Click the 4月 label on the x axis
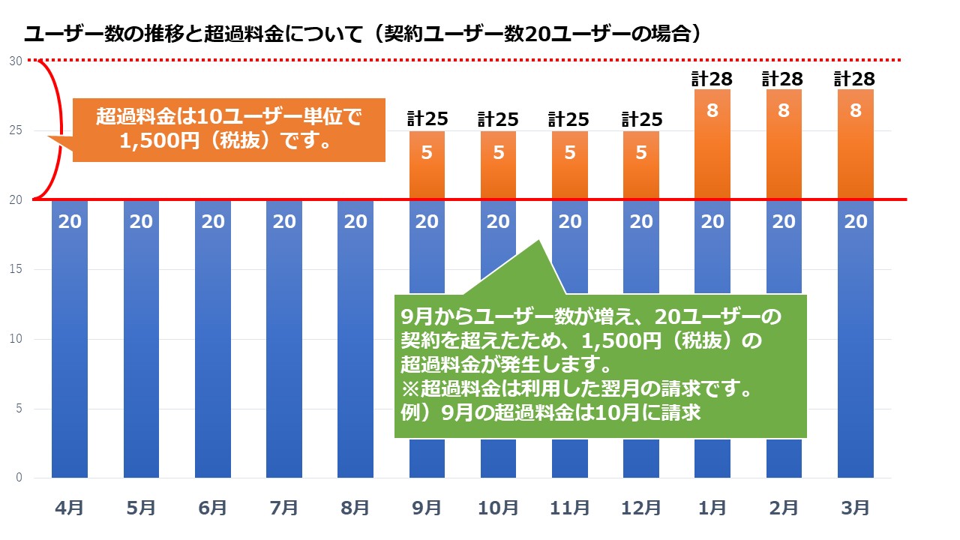(x=70, y=508)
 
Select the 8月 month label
(x=355, y=508)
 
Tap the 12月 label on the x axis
(x=641, y=508)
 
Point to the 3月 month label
(x=856, y=508)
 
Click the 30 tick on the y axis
(x=15, y=61)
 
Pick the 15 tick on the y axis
(x=15, y=269)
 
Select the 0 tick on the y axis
(x=18, y=478)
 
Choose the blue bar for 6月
(x=213, y=337)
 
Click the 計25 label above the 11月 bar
(x=570, y=119)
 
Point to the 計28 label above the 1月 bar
(x=712, y=78)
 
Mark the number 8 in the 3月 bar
(x=856, y=111)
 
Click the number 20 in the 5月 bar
(x=142, y=222)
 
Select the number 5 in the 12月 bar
(x=641, y=153)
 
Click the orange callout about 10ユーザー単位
(x=229, y=129)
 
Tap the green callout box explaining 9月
(x=600, y=366)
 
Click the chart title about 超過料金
(x=363, y=34)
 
